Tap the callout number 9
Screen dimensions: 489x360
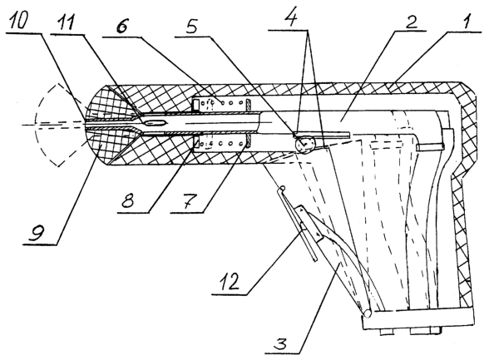point(37,233)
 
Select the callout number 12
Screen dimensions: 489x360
point(229,281)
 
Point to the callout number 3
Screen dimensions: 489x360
point(281,344)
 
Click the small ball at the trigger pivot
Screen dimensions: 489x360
point(305,144)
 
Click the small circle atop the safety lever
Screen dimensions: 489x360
point(282,188)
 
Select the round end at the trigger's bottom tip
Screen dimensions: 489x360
point(366,313)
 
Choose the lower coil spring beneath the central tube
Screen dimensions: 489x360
point(220,144)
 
